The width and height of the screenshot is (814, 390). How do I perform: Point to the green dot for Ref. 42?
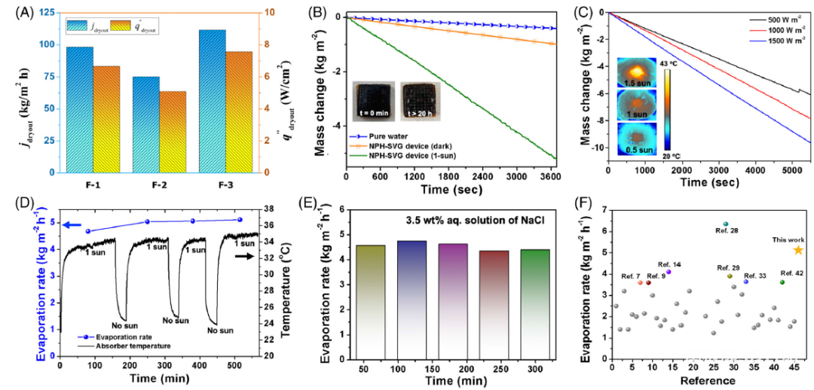click(x=782, y=282)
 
